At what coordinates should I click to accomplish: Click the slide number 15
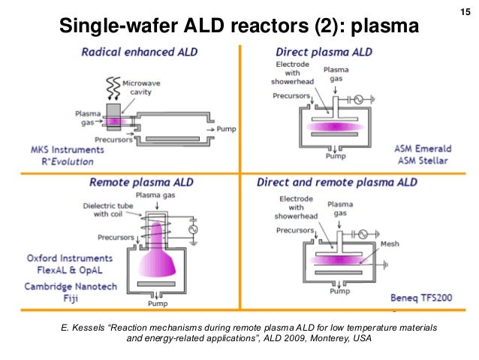click(463, 11)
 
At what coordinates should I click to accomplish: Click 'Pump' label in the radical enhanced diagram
click(227, 129)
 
